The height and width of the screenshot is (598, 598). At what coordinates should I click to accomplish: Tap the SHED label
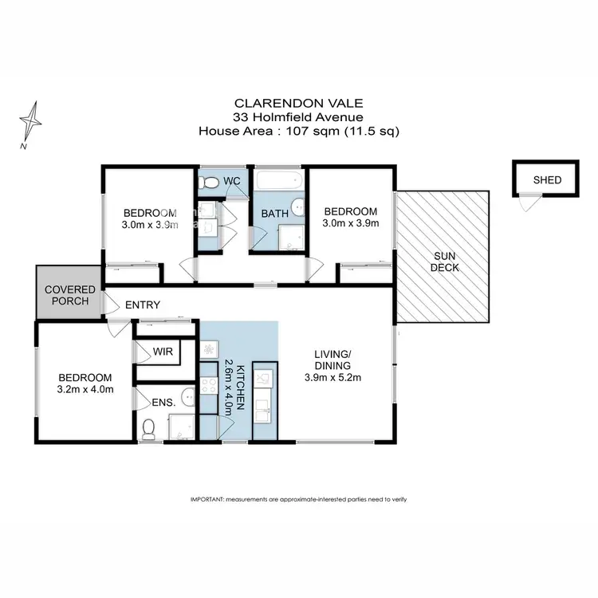548,180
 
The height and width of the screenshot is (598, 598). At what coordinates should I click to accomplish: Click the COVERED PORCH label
70,295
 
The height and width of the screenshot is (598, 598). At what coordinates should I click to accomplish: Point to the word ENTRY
143,305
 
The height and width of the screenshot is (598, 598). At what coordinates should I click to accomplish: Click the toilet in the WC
210,183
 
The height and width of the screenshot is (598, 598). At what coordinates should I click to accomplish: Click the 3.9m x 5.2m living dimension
332,378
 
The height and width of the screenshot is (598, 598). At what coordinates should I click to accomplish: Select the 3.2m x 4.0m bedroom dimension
84,389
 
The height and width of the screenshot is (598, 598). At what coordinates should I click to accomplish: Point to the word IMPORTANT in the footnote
207,498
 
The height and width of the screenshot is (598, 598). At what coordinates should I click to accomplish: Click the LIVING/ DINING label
332,359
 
